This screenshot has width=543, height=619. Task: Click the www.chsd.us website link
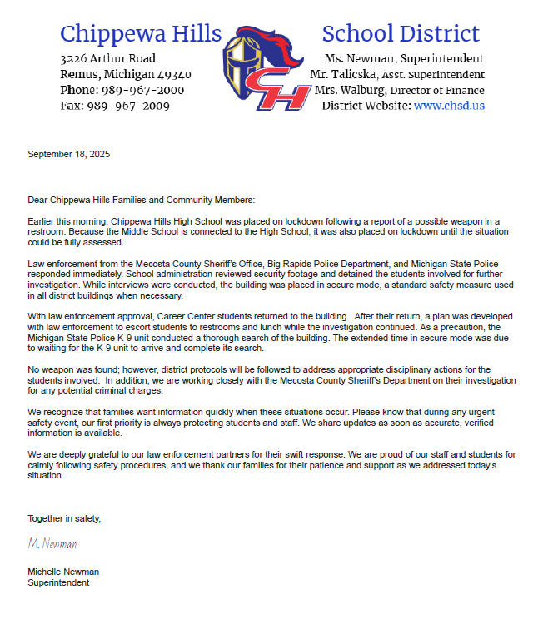pyautogui.click(x=449, y=106)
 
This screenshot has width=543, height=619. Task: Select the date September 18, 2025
pyautogui.click(x=69, y=155)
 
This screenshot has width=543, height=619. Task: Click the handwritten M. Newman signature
pyautogui.click(x=52, y=543)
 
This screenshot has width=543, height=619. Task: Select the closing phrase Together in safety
pyautogui.click(x=64, y=518)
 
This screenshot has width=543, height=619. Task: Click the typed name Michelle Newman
pyautogui.click(x=63, y=572)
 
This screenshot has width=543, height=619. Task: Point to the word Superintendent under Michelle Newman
pyautogui.click(x=58, y=583)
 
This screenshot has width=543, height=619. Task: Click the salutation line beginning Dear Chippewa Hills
pyautogui.click(x=142, y=201)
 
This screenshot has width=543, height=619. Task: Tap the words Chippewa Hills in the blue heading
pyautogui.click(x=141, y=34)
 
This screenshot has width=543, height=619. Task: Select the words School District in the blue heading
pyautogui.click(x=401, y=34)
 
